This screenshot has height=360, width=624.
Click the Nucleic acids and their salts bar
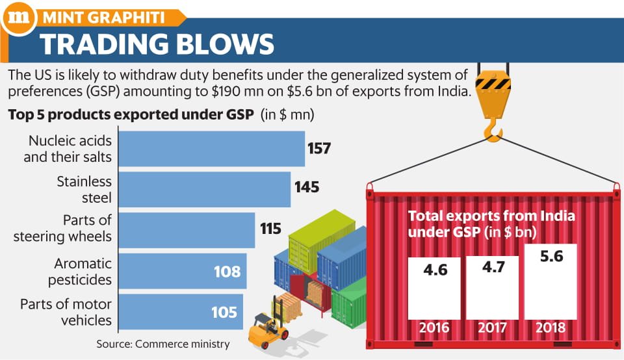coord(212,149)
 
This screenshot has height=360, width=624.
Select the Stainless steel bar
coord(205,189)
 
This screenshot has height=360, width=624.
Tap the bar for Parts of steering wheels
coord(187,230)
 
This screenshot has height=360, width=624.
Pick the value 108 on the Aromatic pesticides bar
coord(227,272)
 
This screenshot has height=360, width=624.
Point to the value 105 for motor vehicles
coord(224,313)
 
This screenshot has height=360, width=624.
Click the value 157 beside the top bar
coord(319,148)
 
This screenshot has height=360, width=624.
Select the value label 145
coord(307,187)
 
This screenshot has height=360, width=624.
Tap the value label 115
coord(270,229)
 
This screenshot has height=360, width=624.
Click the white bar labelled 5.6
coord(551,281)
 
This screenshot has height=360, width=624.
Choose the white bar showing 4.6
coord(434,289)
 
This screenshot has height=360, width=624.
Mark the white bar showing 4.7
coord(492,288)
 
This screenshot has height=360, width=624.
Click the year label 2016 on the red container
coord(434,328)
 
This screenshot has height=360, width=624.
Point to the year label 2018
coord(551,328)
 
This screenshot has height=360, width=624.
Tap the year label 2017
coord(492,328)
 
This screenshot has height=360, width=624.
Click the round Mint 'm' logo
coord(18,18)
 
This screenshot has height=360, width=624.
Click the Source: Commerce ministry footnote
coord(163,344)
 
